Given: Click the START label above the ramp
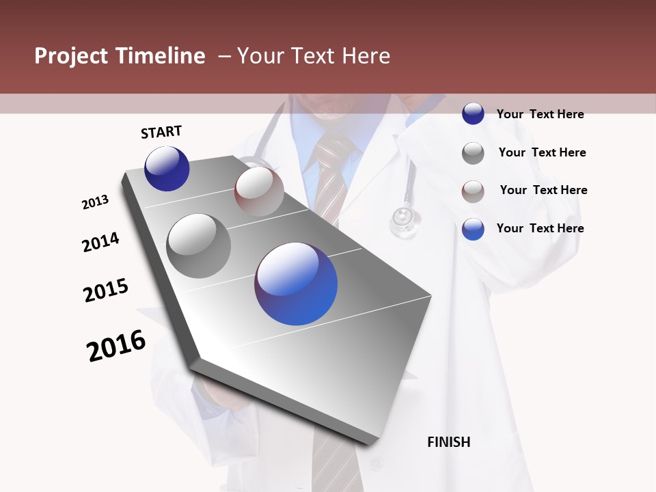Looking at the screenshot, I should coord(161,132).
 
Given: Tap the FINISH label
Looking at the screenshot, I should coord(448,442).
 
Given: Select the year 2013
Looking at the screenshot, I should coord(96,202).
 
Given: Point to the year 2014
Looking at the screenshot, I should coord(101,242).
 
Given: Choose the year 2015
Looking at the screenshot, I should coord(106,290).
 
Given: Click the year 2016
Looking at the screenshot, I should coord(116,346).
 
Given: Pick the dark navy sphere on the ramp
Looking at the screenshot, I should coord(167,168).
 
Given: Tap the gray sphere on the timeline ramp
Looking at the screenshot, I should coord(199,245).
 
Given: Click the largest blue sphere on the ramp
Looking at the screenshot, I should coord(296,284).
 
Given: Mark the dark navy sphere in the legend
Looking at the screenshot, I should coord(473,113).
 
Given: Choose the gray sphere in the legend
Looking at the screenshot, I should coord(473,153).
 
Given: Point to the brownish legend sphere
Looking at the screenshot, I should coord(473,191).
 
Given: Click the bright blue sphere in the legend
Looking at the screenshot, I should coord(473,229).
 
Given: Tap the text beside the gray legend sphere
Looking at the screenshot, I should coord(542,152).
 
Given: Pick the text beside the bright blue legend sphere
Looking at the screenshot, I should coord(540,228).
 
